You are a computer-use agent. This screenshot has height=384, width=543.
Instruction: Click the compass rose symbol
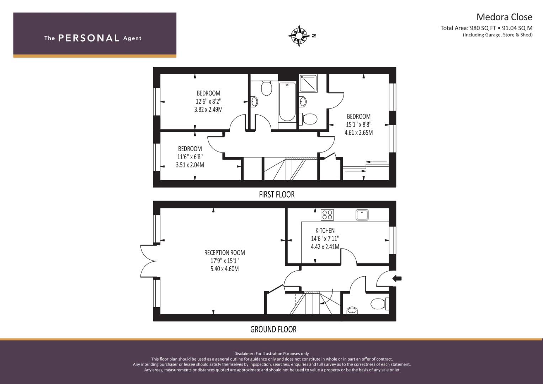299,36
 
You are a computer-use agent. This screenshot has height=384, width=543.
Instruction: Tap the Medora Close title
504,17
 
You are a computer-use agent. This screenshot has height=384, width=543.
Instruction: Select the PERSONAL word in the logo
89,38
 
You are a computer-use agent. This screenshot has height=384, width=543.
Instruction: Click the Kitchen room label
325,230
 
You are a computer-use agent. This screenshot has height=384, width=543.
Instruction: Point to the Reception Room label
224,252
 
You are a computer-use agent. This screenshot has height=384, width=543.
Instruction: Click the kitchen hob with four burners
327,215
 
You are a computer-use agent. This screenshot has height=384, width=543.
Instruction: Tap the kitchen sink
362,215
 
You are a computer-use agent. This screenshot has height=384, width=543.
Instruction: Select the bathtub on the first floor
287,102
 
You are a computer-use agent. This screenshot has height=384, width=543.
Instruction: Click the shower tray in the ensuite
308,84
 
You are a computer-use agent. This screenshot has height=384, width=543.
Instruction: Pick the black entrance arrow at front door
397,278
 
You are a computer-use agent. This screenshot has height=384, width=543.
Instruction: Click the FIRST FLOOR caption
277,194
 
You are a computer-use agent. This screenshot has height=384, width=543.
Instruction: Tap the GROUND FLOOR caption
273,329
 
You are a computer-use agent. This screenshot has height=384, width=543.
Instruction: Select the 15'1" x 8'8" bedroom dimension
358,124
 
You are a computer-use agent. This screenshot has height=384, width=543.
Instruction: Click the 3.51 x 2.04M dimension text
190,165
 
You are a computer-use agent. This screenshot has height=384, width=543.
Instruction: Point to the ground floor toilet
380,304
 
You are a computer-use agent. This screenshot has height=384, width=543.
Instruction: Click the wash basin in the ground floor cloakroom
352,310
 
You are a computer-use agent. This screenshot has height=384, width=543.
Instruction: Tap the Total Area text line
486,28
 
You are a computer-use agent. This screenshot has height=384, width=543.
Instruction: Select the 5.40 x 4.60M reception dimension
224,269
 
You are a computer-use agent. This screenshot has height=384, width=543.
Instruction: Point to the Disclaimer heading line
272,354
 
